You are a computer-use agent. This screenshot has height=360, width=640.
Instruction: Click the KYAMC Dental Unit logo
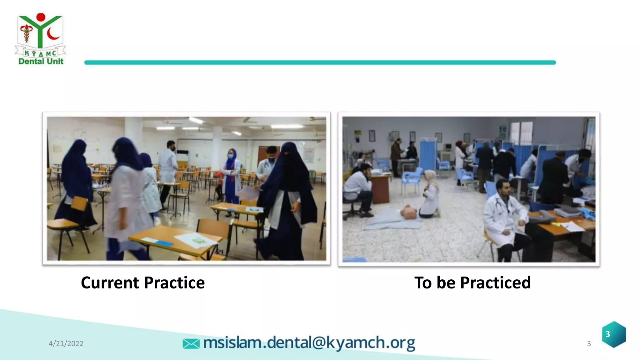40,39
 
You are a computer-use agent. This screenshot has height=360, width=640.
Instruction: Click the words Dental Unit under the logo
41,61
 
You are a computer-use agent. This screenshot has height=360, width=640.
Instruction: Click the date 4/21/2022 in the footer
66,343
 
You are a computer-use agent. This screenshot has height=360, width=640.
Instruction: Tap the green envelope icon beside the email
191,343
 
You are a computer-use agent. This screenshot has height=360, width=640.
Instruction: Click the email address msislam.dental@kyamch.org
309,343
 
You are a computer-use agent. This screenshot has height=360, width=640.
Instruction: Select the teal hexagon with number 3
614,334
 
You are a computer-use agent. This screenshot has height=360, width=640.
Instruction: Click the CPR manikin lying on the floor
409,213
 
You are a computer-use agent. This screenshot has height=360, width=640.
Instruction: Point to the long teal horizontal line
320,62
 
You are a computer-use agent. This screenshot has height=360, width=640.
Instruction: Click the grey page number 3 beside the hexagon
589,344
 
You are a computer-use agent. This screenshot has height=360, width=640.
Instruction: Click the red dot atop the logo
41,17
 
